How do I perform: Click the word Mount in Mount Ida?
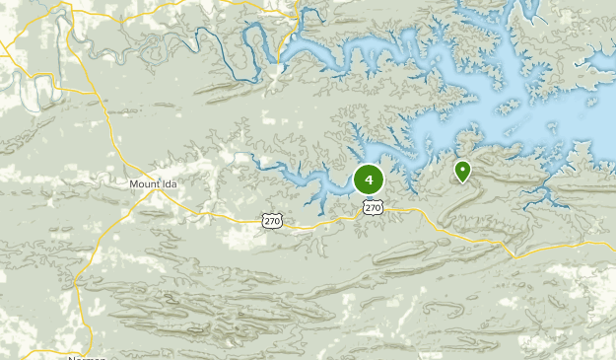click(x=145, y=183)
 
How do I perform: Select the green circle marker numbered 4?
click(x=369, y=180)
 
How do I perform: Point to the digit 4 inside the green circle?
click(x=369, y=180)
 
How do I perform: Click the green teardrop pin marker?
click(x=462, y=173)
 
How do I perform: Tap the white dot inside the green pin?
click(x=462, y=170)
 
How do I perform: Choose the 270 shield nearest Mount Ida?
click(x=272, y=220)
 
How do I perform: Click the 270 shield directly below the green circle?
click(x=372, y=207)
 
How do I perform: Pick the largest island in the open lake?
click(x=513, y=106)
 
